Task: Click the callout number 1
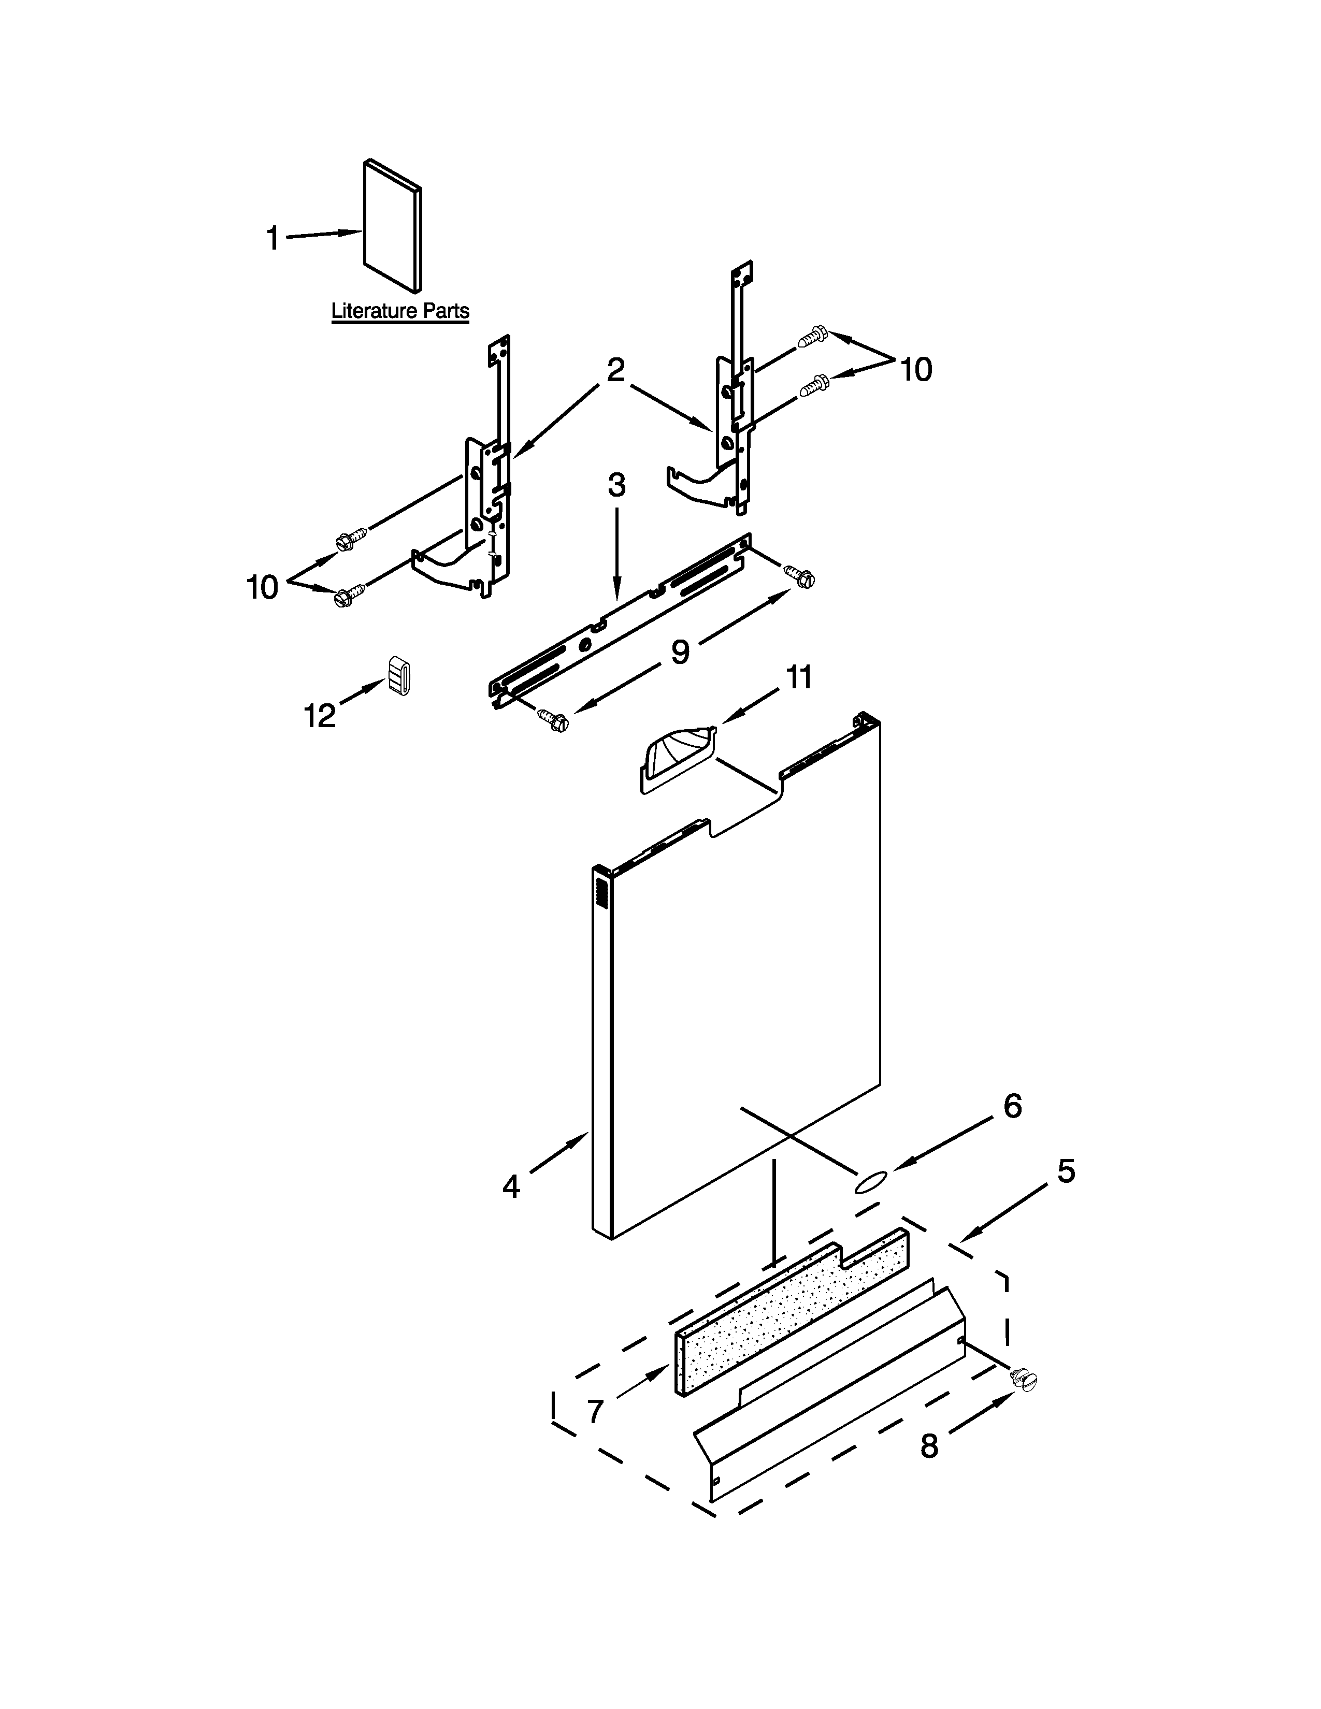coord(272,238)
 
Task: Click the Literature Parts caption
coord(400,311)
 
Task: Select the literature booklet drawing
coord(393,226)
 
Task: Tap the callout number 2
coord(616,370)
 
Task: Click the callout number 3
coord(616,486)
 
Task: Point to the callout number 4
coord(511,1187)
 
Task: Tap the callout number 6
coord(1012,1106)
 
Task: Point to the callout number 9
coord(680,651)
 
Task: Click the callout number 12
coord(319,715)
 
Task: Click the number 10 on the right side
coord(915,369)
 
